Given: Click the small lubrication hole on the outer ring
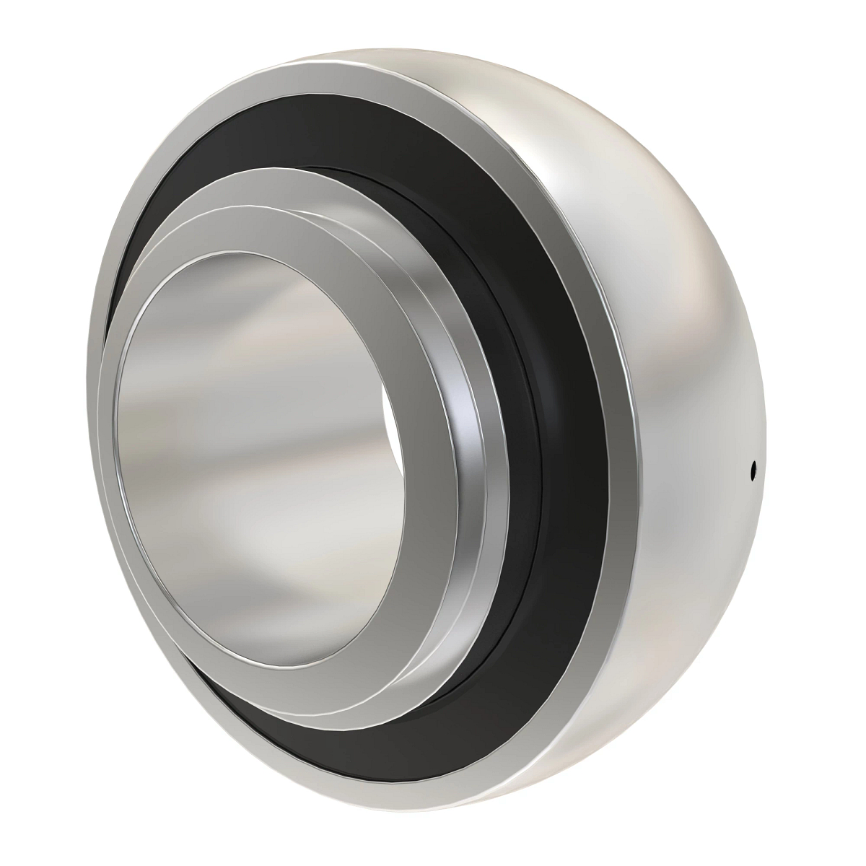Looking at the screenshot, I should [x=753, y=470].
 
